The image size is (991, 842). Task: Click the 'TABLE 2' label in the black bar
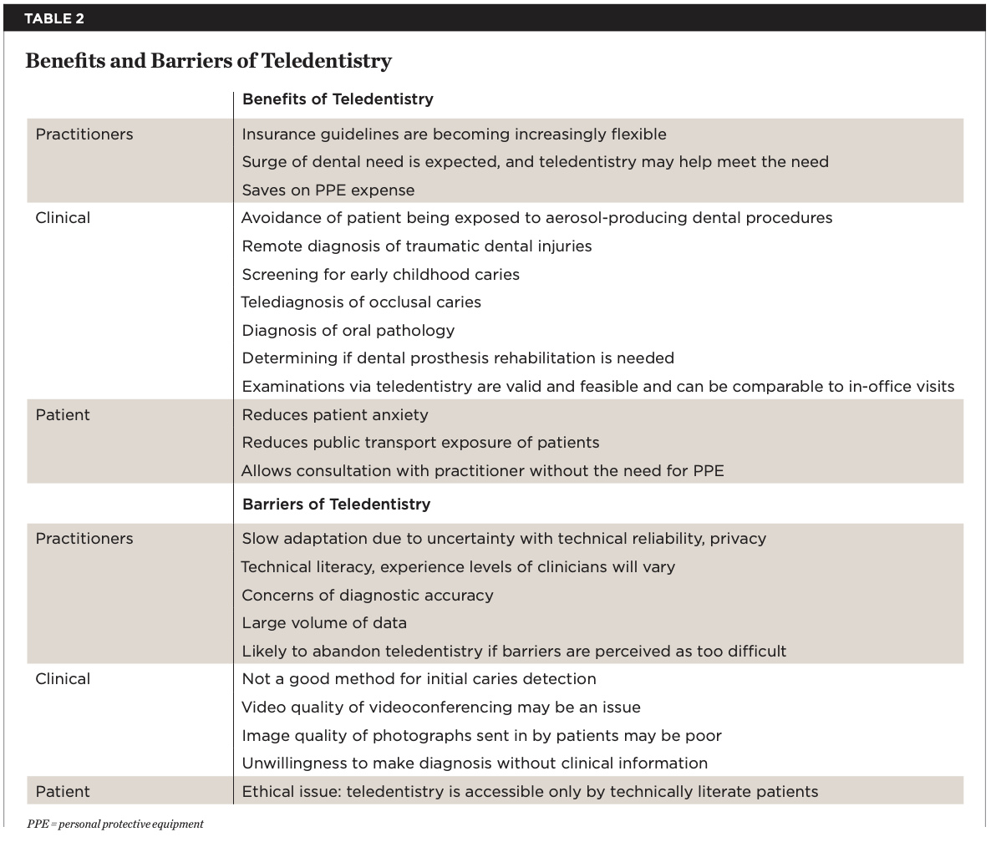[53, 18]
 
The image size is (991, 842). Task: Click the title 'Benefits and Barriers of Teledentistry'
[208, 61]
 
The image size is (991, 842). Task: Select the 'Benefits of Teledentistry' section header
[338, 99]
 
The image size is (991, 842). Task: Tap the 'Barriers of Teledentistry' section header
[336, 505]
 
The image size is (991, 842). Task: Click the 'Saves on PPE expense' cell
[328, 190]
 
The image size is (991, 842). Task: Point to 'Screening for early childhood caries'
[380, 275]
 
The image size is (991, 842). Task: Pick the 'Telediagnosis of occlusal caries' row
[361, 302]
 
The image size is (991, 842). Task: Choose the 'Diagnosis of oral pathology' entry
[348, 331]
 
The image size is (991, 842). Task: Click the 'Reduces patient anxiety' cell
[334, 415]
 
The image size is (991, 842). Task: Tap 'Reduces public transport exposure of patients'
[420, 443]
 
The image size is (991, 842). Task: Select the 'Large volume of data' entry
[324, 623]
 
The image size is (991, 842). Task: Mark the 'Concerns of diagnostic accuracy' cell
[367, 596]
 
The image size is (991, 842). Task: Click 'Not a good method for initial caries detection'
[419, 679]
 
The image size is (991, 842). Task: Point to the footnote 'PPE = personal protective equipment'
[114, 824]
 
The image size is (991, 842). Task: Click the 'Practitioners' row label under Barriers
[84, 539]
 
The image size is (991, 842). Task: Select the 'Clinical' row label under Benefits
[63, 218]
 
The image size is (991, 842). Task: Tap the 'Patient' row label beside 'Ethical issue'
[63, 791]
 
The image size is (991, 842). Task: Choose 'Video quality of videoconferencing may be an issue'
[440, 708]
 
